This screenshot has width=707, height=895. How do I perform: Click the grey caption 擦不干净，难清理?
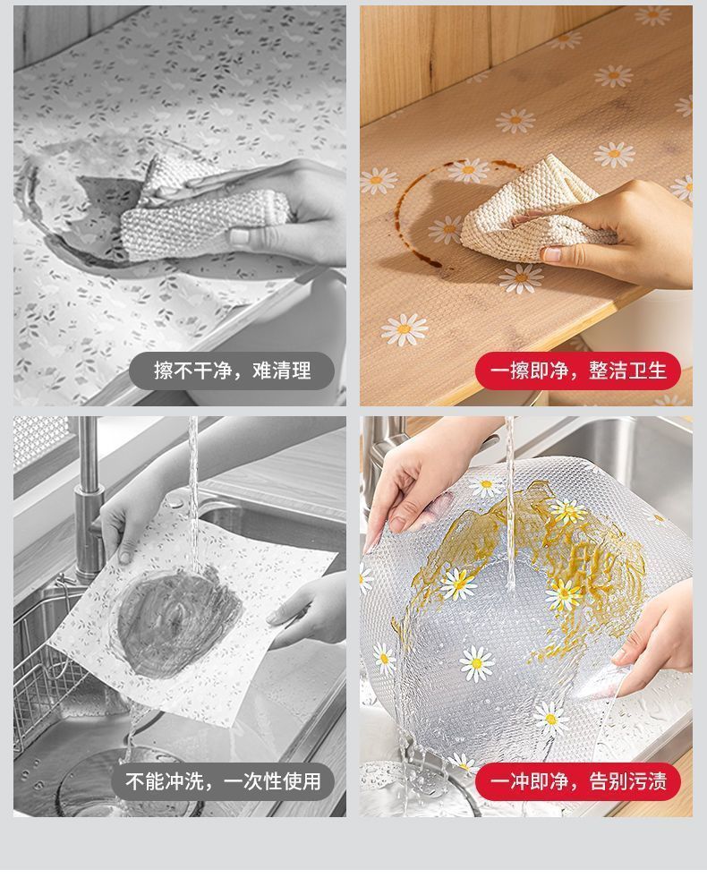pyautogui.click(x=231, y=371)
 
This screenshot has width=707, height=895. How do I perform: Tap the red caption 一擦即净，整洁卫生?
pyautogui.click(x=578, y=371)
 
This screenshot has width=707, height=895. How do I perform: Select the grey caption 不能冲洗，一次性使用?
pyautogui.click(x=223, y=780)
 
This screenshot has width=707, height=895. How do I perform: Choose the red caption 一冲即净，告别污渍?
pyautogui.click(x=578, y=780)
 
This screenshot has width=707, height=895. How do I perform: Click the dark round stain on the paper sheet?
pyautogui.click(x=177, y=622)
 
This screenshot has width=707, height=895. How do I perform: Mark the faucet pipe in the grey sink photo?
pyautogui.click(x=89, y=497)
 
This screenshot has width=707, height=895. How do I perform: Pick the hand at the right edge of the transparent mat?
pyautogui.click(x=656, y=639)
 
